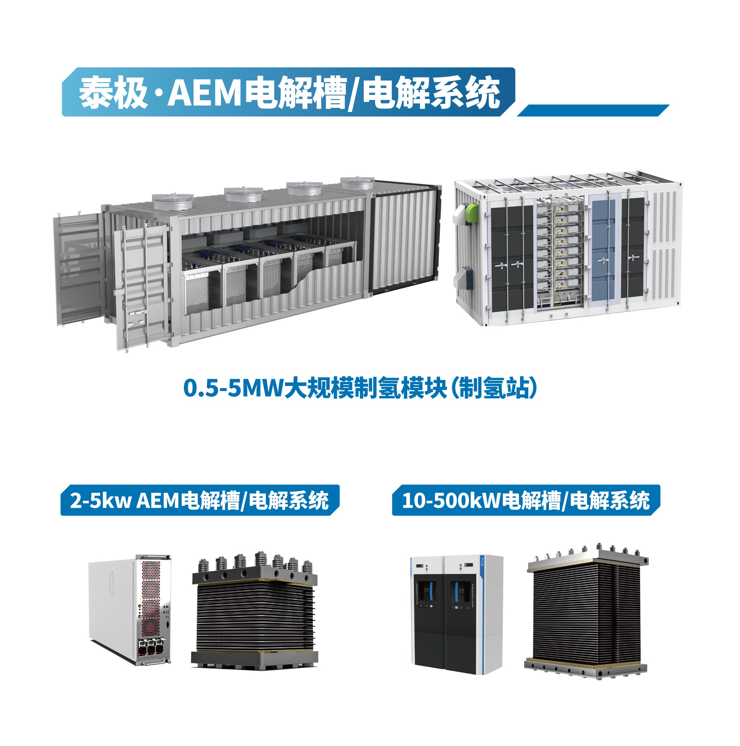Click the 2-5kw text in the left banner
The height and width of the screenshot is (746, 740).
pyautogui.click(x=100, y=500)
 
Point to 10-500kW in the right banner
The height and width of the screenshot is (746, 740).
pyautogui.click(x=451, y=500)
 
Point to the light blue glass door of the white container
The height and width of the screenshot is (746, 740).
pyautogui.click(x=603, y=251)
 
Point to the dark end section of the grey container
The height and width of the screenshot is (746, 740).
pyautogui.click(x=405, y=239)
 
